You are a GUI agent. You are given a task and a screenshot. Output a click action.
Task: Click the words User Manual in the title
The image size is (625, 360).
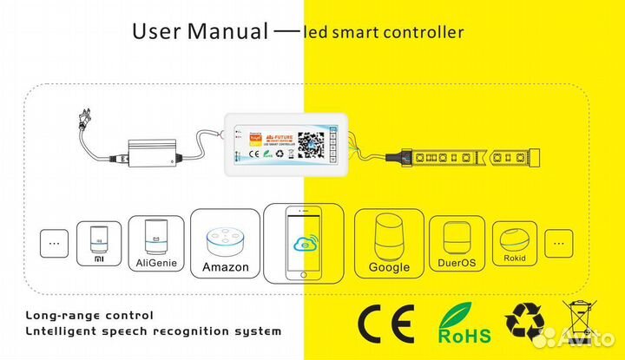click(200, 32)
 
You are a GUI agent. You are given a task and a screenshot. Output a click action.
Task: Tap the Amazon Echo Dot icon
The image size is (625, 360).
click(225, 239)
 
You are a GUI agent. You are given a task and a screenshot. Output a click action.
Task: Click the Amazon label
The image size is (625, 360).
click(225, 266)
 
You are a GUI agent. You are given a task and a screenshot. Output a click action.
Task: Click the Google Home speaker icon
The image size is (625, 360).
click(388, 237)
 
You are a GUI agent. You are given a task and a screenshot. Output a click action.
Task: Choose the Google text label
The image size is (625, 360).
click(388, 266)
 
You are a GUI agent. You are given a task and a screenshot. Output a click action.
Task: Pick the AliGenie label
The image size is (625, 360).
click(157, 260)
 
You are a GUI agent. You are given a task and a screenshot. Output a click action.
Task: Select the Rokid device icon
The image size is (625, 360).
click(517, 237)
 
